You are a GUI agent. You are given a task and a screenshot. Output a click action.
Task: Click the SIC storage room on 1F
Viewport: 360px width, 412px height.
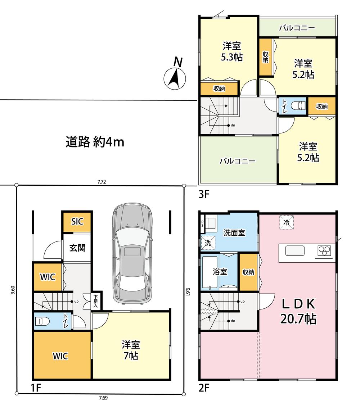pyautogui.click(x=77, y=222)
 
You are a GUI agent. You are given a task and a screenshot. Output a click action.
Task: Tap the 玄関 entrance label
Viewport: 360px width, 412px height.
pyautogui.click(x=77, y=248)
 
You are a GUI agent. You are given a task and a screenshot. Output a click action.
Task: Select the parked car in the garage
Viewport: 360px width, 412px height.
pyautogui.click(x=132, y=253)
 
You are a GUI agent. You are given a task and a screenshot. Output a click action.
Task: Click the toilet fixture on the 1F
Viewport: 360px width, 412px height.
pyautogui.click(x=42, y=321)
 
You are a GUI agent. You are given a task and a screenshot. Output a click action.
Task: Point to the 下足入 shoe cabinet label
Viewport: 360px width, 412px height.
pyautogui.click(x=95, y=301)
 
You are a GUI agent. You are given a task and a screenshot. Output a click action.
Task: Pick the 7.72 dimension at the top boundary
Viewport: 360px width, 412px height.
pyautogui.click(x=102, y=182)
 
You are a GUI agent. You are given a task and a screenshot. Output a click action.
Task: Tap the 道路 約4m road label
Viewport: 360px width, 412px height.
pyautogui.click(x=95, y=142)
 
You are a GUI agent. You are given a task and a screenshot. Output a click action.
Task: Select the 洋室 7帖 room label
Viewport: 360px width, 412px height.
pyautogui.click(x=131, y=350)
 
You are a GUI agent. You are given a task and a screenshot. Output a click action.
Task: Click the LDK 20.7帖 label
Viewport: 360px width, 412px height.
pyautogui.click(x=298, y=311)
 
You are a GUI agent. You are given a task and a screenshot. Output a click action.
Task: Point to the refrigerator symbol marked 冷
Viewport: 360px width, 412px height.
pyautogui.click(x=286, y=222)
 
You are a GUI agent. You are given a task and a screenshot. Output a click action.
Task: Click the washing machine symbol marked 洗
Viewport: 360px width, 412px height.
pyautogui.click(x=208, y=243)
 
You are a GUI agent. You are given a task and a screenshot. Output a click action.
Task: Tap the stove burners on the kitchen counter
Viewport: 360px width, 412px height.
pyautogui.click(x=324, y=250)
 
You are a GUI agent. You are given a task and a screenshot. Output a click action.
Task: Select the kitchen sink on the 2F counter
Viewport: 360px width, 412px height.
pyautogui.click(x=295, y=251)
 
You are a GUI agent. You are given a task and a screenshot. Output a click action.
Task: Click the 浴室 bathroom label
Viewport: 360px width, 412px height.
pyautogui.click(x=220, y=271)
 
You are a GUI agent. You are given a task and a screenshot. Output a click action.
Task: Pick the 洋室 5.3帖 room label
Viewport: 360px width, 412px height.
pyautogui.click(x=232, y=51)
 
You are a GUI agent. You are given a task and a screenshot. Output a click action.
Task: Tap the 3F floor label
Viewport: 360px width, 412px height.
pyautogui.click(x=204, y=194)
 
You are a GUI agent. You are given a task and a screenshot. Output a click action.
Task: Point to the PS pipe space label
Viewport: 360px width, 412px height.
pyautogui.click(x=202, y=223)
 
